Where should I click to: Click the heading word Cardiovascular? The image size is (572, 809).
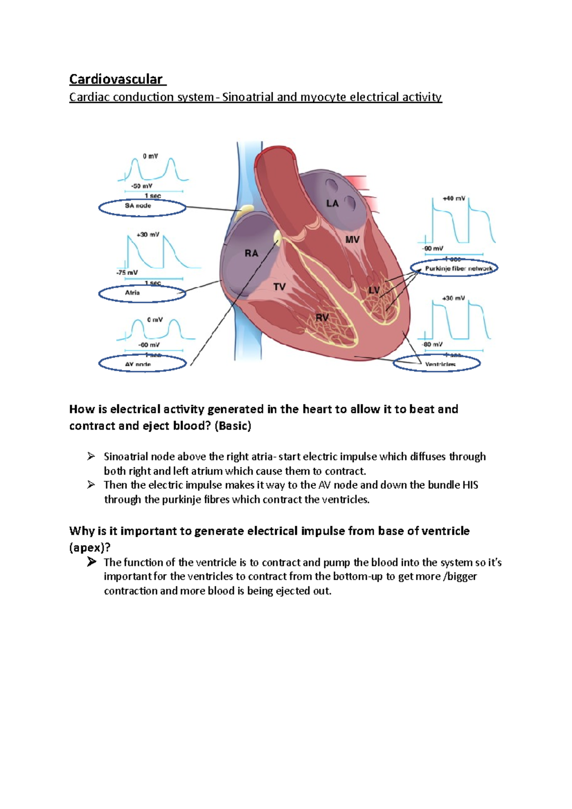(116, 79)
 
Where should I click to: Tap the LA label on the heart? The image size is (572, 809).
(332, 203)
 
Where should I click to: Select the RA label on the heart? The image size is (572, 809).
(251, 253)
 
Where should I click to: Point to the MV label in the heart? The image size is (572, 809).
(352, 240)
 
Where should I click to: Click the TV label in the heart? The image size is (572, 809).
(279, 287)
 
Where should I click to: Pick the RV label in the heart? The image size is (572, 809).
(322, 317)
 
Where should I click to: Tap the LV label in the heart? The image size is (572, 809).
(374, 290)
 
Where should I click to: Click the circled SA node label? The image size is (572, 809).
(138, 206)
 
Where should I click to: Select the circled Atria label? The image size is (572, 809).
(133, 293)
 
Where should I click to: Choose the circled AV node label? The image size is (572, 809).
(138, 364)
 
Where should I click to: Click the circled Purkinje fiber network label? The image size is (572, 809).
(458, 269)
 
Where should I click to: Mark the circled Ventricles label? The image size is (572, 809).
(440, 364)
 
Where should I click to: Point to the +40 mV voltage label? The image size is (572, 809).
(453, 198)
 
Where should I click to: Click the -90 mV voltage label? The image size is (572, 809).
(432, 249)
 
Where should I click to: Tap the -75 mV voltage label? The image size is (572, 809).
(127, 273)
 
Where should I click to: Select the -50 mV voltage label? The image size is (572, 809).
(142, 186)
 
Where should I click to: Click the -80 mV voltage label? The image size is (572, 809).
(432, 344)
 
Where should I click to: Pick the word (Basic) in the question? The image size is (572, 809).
(233, 426)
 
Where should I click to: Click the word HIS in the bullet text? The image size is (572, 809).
(470, 485)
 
